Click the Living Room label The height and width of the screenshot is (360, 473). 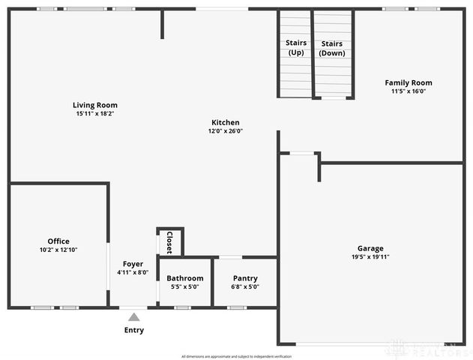pyautogui.click(x=95, y=105)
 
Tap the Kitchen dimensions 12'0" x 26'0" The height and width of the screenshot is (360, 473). pyautogui.click(x=225, y=130)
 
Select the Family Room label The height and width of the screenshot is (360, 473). pyautogui.click(x=409, y=82)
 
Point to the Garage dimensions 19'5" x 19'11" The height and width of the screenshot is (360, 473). pyautogui.click(x=370, y=256)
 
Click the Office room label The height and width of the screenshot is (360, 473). pyautogui.click(x=58, y=241)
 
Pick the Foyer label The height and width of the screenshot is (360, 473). pyautogui.click(x=133, y=264)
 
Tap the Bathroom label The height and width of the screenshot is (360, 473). pyautogui.click(x=185, y=278)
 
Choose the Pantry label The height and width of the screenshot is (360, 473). pyautogui.click(x=245, y=278)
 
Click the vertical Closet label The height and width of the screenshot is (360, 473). pyautogui.click(x=169, y=242)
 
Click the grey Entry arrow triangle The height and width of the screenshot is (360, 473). pyautogui.click(x=133, y=317)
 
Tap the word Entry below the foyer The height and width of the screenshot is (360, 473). pyautogui.click(x=134, y=330)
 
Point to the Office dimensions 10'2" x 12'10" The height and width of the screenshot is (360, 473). pyautogui.click(x=58, y=250)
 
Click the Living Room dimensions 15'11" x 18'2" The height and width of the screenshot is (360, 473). pyautogui.click(x=95, y=113)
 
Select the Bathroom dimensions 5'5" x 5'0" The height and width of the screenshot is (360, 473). pyautogui.click(x=185, y=286)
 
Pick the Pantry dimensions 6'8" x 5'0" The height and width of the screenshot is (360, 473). pyautogui.click(x=245, y=286)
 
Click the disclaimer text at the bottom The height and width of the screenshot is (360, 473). pyautogui.click(x=236, y=355)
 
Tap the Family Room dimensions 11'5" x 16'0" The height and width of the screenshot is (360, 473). pyautogui.click(x=409, y=91)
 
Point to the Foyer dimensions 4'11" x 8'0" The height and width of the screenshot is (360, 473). pyautogui.click(x=133, y=272)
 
